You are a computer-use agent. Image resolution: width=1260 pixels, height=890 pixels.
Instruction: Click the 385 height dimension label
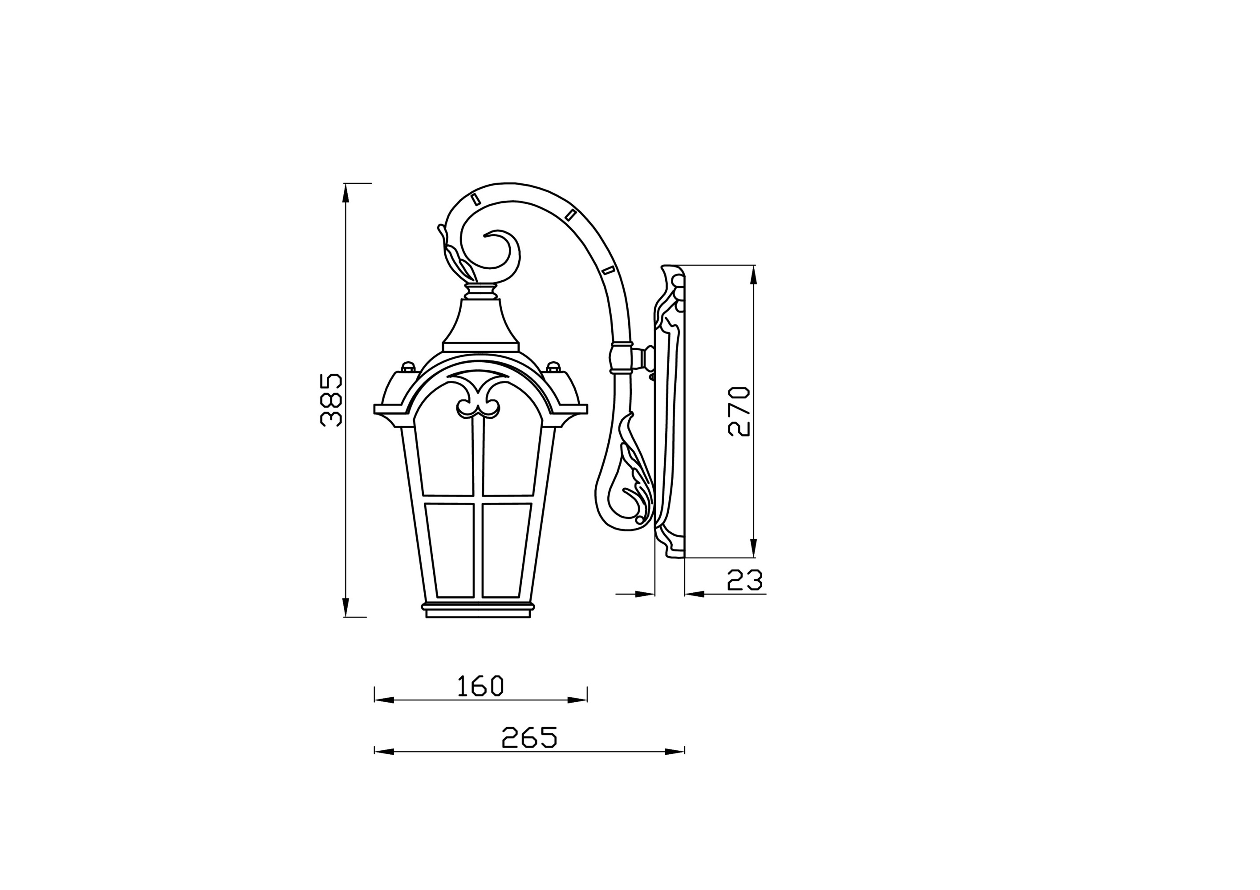pyautogui.click(x=331, y=400)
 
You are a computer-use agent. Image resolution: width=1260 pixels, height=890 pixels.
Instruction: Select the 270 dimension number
pyautogui.click(x=739, y=411)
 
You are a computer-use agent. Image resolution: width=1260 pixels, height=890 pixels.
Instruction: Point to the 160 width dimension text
pyautogui.click(x=480, y=686)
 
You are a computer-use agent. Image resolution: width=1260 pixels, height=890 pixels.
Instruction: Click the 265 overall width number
pyautogui.click(x=529, y=737)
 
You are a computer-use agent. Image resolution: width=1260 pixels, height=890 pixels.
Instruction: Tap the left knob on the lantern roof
pyautogui.click(x=407, y=366)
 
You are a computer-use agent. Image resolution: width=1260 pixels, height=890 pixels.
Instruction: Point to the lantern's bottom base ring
pyautogui.click(x=478, y=607)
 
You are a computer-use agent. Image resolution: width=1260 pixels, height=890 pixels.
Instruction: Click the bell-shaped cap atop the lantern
pyautogui.click(x=480, y=324)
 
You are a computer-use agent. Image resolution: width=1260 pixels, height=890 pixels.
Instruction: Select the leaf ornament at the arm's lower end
pyautogui.click(x=631, y=482)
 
